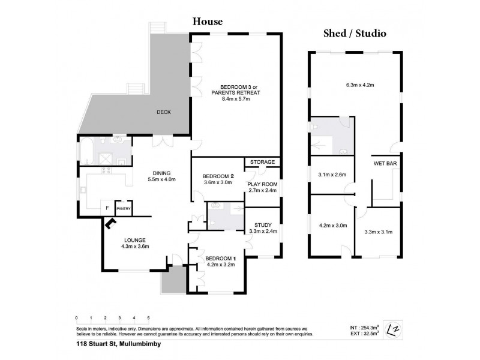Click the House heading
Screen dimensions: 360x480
click(x=207, y=22)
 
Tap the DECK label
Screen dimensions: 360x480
click(x=164, y=112)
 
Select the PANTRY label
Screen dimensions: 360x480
click(x=124, y=208)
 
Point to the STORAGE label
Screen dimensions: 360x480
click(x=263, y=162)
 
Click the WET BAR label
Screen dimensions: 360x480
click(x=384, y=163)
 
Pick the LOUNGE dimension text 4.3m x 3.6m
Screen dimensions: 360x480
click(x=134, y=246)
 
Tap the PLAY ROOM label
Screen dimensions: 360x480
click(x=262, y=184)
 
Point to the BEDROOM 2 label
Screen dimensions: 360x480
click(x=218, y=176)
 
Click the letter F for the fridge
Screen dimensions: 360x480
click(x=107, y=208)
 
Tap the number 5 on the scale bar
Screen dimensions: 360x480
click(x=148, y=317)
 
